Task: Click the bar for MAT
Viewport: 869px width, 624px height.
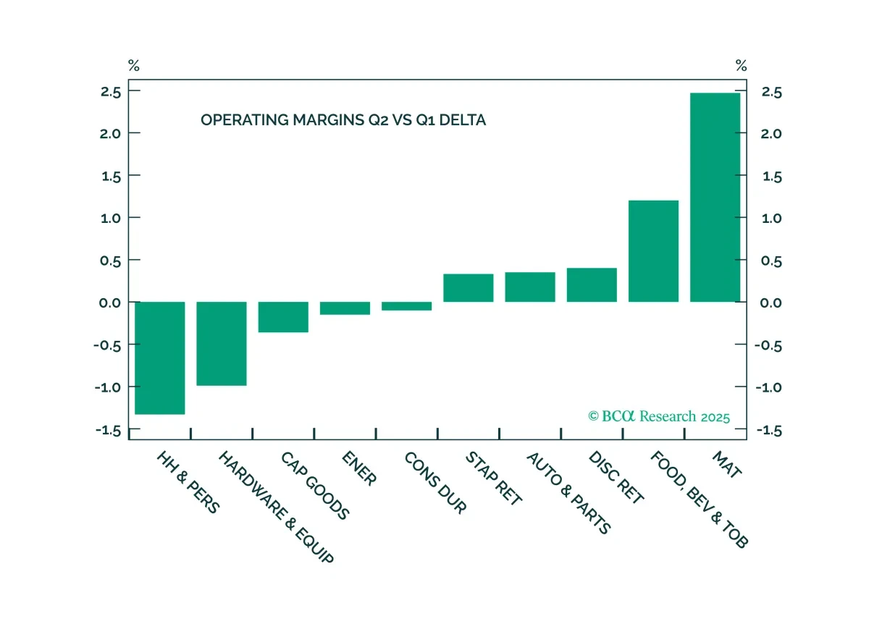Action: (715, 197)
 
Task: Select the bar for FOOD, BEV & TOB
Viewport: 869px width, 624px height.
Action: (653, 251)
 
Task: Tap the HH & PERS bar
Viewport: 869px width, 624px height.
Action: (160, 358)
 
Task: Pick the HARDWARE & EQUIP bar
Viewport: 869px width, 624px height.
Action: (222, 344)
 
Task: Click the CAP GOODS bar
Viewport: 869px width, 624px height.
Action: (283, 317)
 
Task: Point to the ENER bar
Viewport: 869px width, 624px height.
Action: (345, 308)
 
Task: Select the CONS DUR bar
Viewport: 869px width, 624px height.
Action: (406, 306)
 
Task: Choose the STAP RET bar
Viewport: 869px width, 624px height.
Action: (469, 288)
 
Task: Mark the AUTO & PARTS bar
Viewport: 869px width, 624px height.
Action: (530, 287)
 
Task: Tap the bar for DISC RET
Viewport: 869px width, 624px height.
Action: (592, 284)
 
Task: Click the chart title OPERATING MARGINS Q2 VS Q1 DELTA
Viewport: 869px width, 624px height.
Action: (343, 120)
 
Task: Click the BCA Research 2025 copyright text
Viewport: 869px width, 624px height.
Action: (659, 416)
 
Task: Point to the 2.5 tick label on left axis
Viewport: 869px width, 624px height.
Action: (111, 92)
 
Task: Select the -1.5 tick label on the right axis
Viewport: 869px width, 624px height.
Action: (769, 431)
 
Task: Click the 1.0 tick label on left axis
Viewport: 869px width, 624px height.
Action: (111, 218)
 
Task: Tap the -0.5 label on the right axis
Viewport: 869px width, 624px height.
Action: (768, 345)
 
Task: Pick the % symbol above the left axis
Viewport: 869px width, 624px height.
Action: (134, 66)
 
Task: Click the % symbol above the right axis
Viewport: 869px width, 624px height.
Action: (742, 66)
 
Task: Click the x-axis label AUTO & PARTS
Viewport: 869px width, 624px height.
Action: (568, 493)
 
